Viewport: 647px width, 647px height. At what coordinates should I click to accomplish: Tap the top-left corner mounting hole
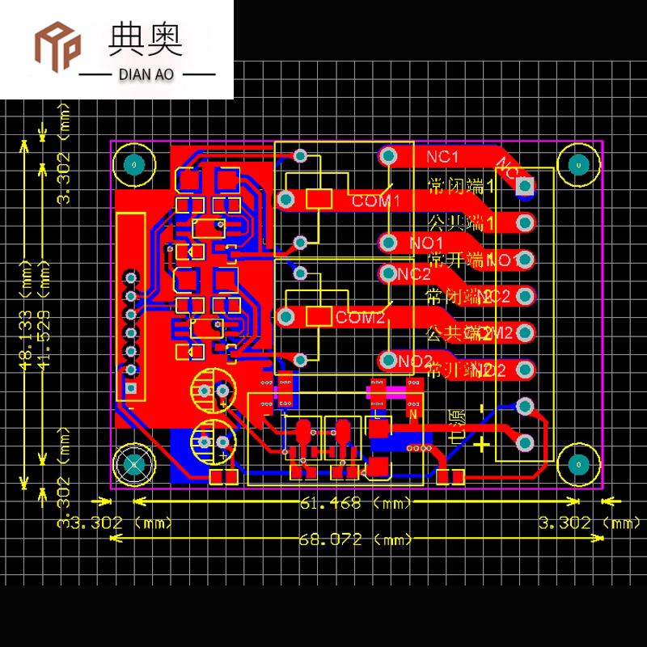click(x=132, y=165)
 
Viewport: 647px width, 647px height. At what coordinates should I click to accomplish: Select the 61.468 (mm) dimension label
click(x=355, y=504)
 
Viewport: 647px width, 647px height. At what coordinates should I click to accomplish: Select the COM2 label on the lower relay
click(x=360, y=317)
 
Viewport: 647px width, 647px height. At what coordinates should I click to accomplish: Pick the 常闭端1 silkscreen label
click(x=460, y=187)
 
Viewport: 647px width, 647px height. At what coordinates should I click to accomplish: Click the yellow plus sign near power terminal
click(x=482, y=444)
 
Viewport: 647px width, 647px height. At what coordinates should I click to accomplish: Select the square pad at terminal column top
click(x=525, y=187)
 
